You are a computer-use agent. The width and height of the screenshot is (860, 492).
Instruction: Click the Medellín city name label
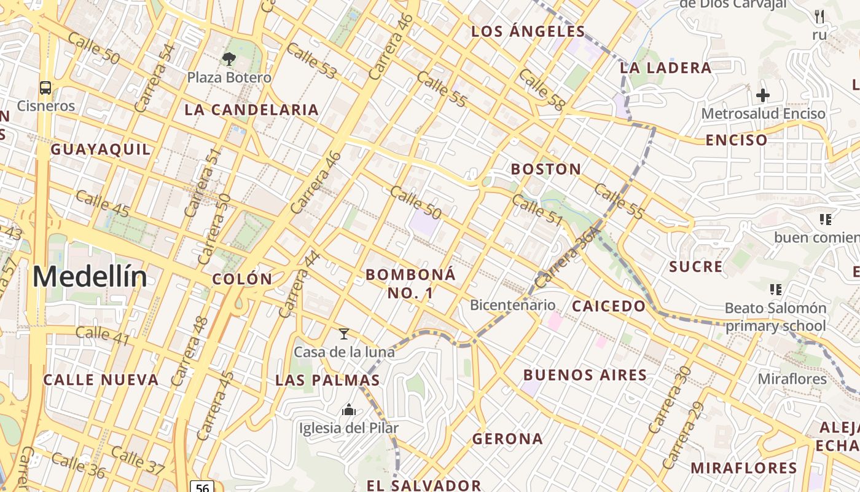pyautogui.click(x=90, y=277)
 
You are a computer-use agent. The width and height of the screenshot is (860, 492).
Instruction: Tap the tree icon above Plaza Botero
pyautogui.click(x=229, y=60)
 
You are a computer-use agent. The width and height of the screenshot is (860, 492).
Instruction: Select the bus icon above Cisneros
pyautogui.click(x=45, y=87)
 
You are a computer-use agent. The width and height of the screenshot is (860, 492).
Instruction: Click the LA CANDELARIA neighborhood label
pyautogui.click(x=252, y=110)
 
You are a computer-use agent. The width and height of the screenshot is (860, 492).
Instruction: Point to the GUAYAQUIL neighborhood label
pyautogui.click(x=100, y=149)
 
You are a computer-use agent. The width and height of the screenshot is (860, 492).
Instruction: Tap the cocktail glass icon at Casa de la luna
pyautogui.click(x=344, y=334)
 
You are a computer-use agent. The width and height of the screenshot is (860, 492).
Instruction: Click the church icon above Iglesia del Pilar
pyautogui.click(x=349, y=409)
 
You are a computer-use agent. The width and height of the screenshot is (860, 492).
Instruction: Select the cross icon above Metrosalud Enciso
pyautogui.click(x=762, y=95)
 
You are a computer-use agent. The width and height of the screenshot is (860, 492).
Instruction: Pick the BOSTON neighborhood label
pyautogui.click(x=546, y=169)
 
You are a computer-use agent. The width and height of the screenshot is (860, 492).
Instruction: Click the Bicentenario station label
pyautogui.click(x=512, y=305)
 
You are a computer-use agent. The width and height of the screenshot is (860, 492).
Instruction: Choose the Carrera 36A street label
pyautogui.click(x=567, y=256)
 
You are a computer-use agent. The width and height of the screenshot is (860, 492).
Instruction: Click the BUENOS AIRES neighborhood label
pyautogui.click(x=585, y=375)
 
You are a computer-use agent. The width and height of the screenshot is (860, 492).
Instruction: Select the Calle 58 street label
pyautogui.click(x=541, y=90)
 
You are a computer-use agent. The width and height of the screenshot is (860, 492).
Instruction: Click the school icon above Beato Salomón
pyautogui.click(x=775, y=288)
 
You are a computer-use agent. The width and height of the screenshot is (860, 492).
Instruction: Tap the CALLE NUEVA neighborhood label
pyautogui.click(x=101, y=380)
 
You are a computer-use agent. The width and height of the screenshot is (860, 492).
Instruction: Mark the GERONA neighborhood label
pyautogui.click(x=507, y=439)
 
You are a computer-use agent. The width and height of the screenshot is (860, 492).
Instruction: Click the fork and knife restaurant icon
pyautogui.click(x=819, y=17)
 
